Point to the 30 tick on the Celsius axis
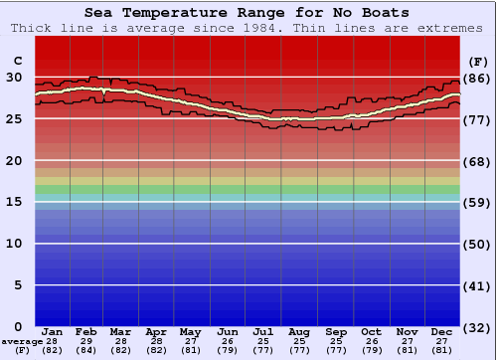coord(14,77)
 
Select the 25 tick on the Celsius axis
coord(14,118)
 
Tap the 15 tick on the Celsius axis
coord(14,202)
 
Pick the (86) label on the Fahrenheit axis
coord(478,78)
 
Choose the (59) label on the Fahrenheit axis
coord(478,202)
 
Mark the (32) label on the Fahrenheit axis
coord(478,327)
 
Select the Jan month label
coord(53,331)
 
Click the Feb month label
coord(86,331)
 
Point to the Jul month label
coord(263,331)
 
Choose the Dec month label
coord(442,331)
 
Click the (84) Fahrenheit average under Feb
coord(86,351)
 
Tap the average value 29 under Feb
coord(86,341)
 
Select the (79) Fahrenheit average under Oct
coord(372,351)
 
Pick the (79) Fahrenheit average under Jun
coord(228,351)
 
